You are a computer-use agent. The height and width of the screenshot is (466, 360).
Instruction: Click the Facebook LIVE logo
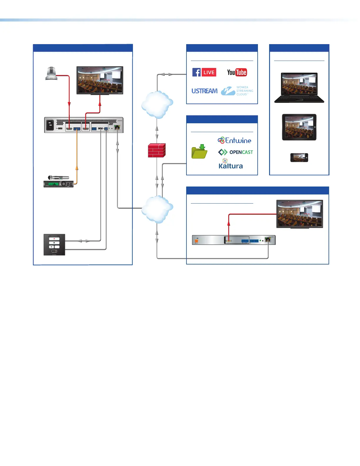click(204, 72)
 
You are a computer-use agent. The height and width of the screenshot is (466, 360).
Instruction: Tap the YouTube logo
click(237, 72)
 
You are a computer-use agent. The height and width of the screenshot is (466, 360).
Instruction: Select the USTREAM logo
click(204, 91)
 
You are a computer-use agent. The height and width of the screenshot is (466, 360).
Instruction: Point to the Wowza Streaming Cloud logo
click(237, 91)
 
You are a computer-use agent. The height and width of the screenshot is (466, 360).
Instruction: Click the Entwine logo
click(234, 140)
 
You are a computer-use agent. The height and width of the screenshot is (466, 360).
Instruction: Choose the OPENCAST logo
click(236, 152)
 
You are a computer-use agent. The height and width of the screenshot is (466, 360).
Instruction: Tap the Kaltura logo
click(231, 164)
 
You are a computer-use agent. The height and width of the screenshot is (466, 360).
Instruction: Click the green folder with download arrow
click(199, 152)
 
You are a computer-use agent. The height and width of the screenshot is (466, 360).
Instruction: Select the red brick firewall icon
click(156, 150)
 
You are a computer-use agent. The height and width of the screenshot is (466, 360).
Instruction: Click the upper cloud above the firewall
click(157, 104)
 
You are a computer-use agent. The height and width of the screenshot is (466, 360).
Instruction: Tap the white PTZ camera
click(51, 74)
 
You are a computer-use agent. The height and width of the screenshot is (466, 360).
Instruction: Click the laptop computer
click(299, 88)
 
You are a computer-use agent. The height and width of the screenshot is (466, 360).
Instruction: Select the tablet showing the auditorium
click(299, 127)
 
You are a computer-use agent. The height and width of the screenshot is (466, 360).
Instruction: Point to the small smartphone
click(299, 158)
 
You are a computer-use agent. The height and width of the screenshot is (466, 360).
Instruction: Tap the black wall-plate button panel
click(54, 244)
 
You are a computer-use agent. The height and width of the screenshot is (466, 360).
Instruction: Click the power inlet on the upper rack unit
click(50, 125)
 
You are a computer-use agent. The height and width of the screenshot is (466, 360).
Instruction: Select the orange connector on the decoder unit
click(196, 241)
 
